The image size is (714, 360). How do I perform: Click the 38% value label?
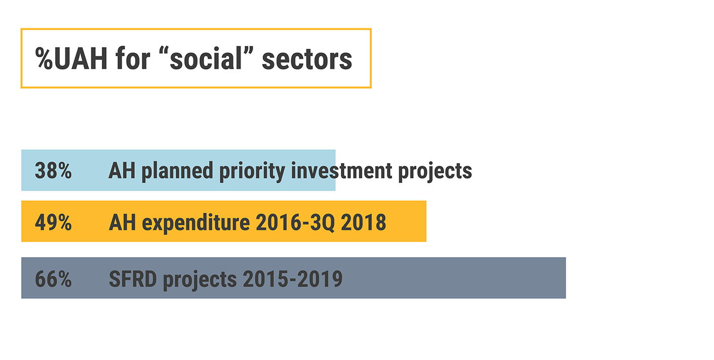click(53, 171)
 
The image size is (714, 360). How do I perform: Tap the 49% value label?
click(53, 222)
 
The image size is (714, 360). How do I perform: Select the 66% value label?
click(53, 279)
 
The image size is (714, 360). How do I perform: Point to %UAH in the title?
click(71, 58)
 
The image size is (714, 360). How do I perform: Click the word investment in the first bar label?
click(341, 171)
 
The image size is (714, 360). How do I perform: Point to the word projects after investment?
click(435, 172)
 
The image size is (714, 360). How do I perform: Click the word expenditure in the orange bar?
click(195, 223)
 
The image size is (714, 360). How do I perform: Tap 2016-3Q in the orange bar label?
click(296, 223)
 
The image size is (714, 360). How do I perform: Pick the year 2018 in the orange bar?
click(364, 222)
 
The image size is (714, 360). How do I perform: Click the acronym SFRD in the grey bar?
click(133, 279)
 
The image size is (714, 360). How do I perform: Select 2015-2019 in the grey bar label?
click(293, 279)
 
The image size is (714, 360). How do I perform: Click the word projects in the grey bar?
click(200, 281)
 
